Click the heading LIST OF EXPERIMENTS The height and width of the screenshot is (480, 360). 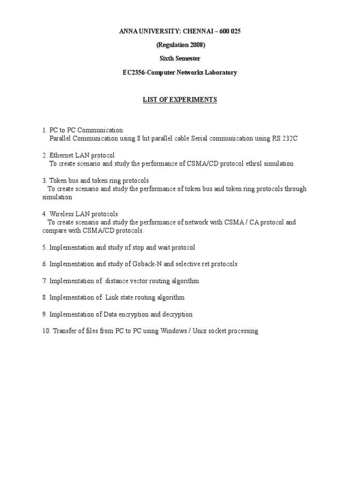click(180, 100)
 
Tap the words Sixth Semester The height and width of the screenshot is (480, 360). click(180, 59)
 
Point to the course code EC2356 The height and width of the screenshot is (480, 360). click(133, 73)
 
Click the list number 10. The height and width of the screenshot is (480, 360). click(46, 331)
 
